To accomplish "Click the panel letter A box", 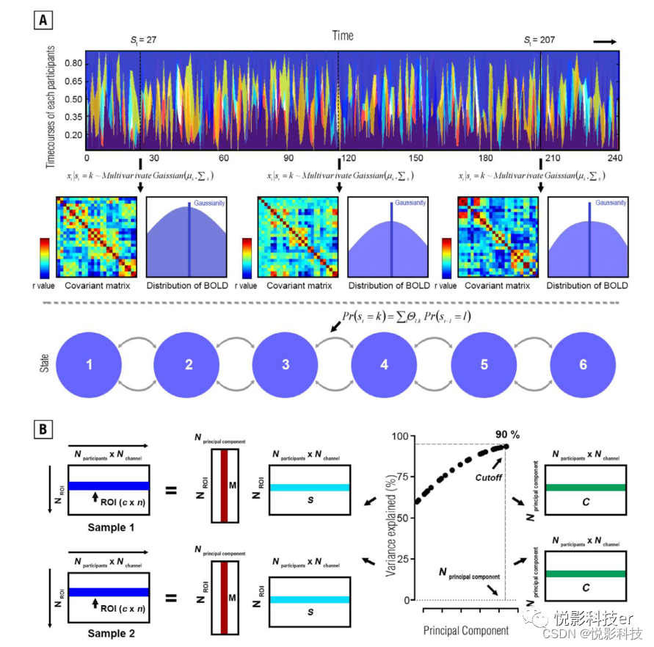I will pos(43,21).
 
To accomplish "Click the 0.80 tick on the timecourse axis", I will pos(71,64).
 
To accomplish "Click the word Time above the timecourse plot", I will pos(342,35).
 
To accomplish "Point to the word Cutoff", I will pos(488,477).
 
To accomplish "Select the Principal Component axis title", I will pos(466,631).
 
